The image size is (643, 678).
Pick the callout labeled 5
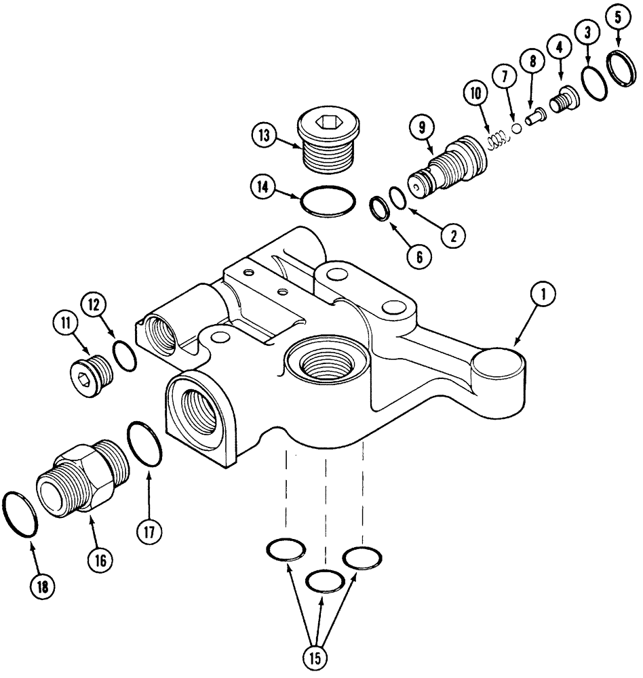pyautogui.click(x=617, y=19)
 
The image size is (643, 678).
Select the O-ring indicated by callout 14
pyautogui.click(x=328, y=202)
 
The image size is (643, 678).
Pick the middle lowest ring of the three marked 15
pyautogui.click(x=325, y=581)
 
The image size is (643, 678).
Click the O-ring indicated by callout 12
pyautogui.click(x=124, y=356)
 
